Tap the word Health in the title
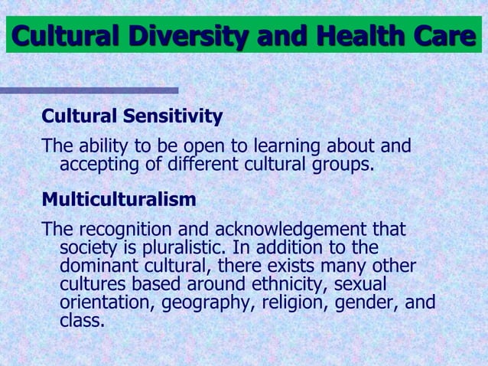click(359, 35)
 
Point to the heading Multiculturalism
click(119, 200)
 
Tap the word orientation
click(106, 303)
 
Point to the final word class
click(80, 321)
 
